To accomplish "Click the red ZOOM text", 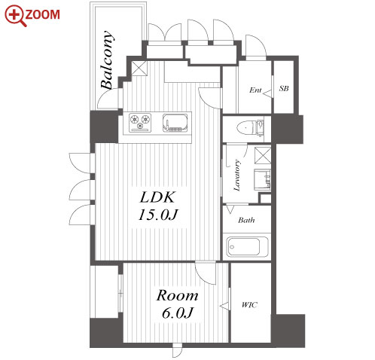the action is pos(42,14).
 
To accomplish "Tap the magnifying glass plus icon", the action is pos(15,16).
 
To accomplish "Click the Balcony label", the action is pos(107,60).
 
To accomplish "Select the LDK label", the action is pos(157,197).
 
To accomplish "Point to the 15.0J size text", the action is pos(158,215).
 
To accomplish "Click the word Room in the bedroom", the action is pos(177,295).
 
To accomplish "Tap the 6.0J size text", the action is pos(177,313).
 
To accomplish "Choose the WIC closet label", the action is pos(249,305).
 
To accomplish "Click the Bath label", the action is pos(246,220).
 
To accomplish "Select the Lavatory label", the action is pos(237,175).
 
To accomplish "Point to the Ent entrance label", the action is pos(255,90).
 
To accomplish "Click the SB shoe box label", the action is pos(284,88).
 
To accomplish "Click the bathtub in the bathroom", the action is pos(247,247).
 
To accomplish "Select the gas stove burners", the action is pos(140,123).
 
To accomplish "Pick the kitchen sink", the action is pos(175,123).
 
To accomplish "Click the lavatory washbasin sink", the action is pos(262,180).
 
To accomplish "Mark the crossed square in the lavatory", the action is pos(263,156).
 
